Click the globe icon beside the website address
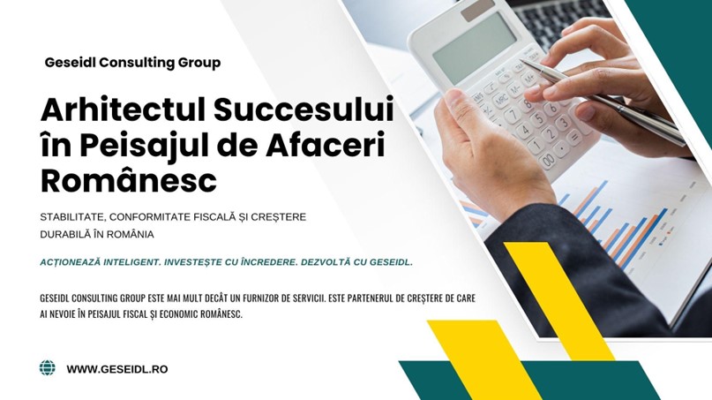[x=48, y=367]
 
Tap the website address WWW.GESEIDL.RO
[x=117, y=369]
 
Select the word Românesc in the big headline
[x=129, y=180]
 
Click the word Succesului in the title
[x=304, y=109]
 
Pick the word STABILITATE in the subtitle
[x=71, y=217]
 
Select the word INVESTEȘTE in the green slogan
[x=199, y=263]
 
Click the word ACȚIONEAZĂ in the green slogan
[x=70, y=263]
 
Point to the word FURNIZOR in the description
[x=259, y=298]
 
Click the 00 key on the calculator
[x=549, y=160]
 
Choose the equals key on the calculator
[x=575, y=136]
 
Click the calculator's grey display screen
[x=475, y=48]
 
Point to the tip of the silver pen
[x=521, y=59]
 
